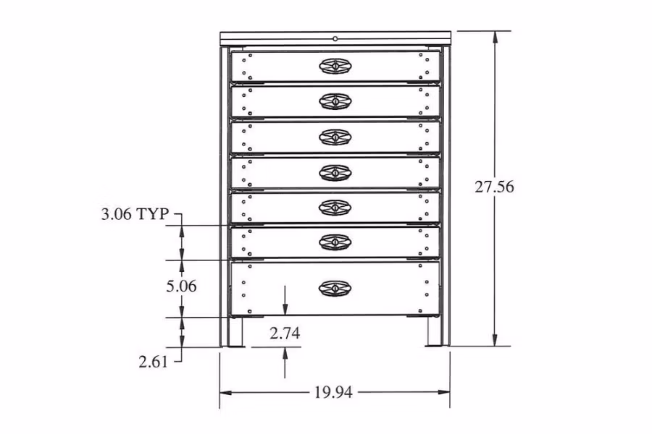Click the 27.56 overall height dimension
pyautogui.click(x=494, y=187)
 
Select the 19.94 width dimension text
pyautogui.click(x=333, y=393)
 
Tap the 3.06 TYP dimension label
pyautogui.click(x=135, y=214)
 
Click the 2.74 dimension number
pyautogui.click(x=285, y=333)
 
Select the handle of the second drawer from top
pyautogui.click(x=335, y=101)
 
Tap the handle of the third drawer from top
pyautogui.click(x=335, y=137)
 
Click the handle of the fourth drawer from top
pyautogui.click(x=335, y=172)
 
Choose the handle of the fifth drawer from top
pyautogui.click(x=335, y=208)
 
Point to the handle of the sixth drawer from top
pyautogui.click(x=335, y=242)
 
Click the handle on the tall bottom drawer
pyautogui.click(x=335, y=288)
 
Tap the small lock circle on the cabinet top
pyautogui.click(x=335, y=38)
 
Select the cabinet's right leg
pyautogui.click(x=433, y=333)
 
